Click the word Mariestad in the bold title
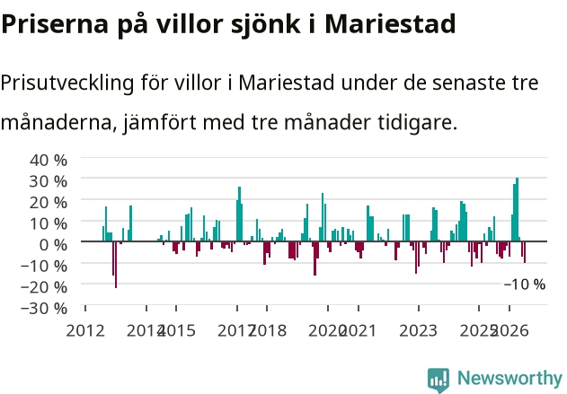pyautogui.click(x=390, y=24)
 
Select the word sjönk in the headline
pyautogui.click(x=265, y=25)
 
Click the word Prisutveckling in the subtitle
pyautogui.click(x=67, y=83)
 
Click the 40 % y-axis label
pyautogui.click(x=49, y=160)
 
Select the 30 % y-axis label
pyautogui.click(x=49, y=181)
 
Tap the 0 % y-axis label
pyautogui.click(x=53, y=245)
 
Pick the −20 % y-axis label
pyautogui.click(x=44, y=287)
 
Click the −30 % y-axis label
pyautogui.click(x=44, y=309)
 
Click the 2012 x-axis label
pyautogui.click(x=85, y=331)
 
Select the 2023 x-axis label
pyautogui.click(x=419, y=331)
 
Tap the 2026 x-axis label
pyautogui.click(x=510, y=331)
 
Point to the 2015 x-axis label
pyautogui.click(x=177, y=331)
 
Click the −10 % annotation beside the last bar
pyautogui.click(x=525, y=285)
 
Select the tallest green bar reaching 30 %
pyautogui.click(x=517, y=209)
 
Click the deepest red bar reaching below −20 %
pyautogui.click(x=116, y=265)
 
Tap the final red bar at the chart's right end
pyautogui.click(x=525, y=252)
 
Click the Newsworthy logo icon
pyautogui.click(x=439, y=381)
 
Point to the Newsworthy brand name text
pyautogui.click(x=509, y=378)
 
